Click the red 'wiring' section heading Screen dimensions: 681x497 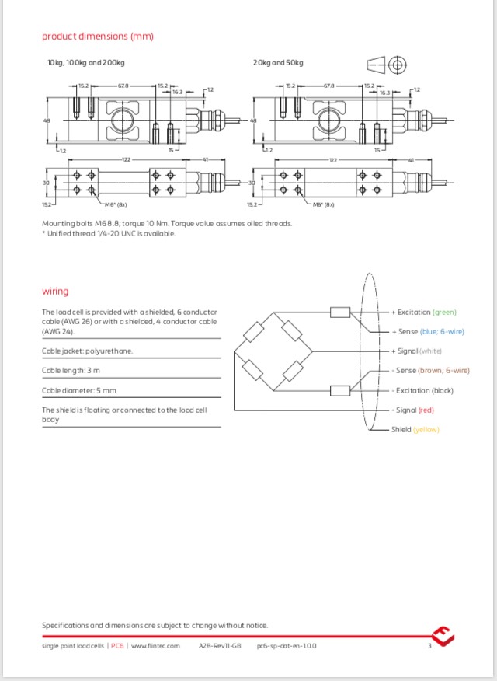[55, 291]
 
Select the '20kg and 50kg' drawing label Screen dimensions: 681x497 [278, 62]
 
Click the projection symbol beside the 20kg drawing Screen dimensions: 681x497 [386, 65]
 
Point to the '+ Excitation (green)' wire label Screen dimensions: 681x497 [423, 312]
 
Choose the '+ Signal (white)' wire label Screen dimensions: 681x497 [416, 351]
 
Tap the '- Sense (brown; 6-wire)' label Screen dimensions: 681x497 [430, 371]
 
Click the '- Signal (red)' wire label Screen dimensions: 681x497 [413, 410]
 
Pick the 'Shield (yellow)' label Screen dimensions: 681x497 [415, 429]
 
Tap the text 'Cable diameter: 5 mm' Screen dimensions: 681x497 [79, 390]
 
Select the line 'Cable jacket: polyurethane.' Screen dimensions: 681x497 [87, 351]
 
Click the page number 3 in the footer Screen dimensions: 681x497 [429, 646]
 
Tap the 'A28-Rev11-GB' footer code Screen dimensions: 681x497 [220, 646]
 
